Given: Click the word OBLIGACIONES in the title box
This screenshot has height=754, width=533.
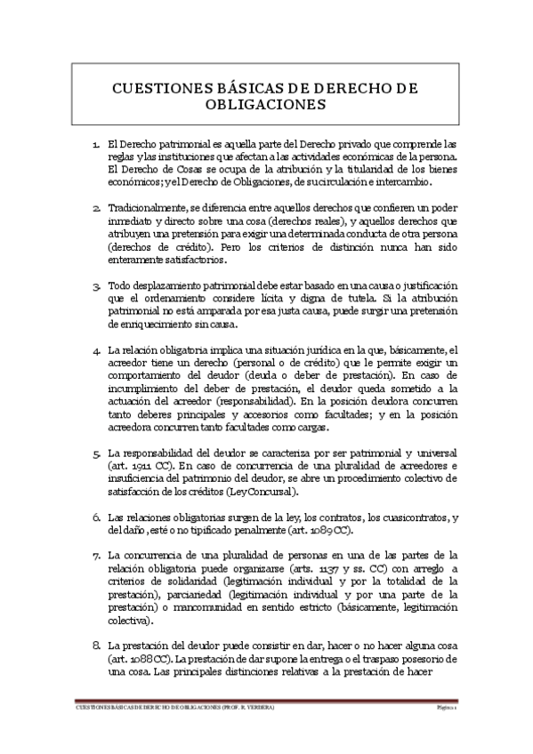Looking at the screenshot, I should pos(266,104).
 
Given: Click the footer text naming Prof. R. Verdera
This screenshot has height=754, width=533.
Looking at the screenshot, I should pos(175,708).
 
